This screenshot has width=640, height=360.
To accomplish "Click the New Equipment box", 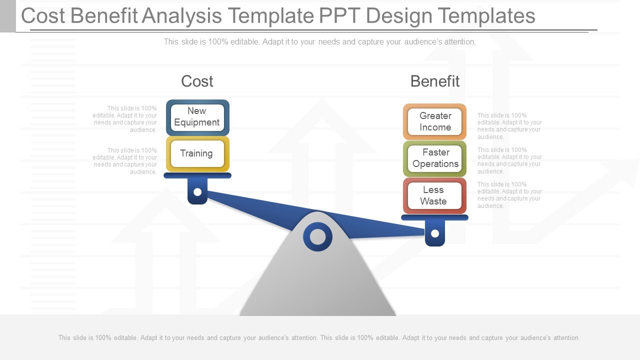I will point(197,117).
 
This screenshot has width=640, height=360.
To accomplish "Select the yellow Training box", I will point(197,154).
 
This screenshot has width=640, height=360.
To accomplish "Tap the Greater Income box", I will point(434,122).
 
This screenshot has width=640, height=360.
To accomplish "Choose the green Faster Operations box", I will point(434,158).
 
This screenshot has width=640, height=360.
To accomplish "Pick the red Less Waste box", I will point(434,195).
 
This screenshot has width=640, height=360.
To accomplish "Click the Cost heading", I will point(197,81).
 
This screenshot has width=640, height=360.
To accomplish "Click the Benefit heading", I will point(434,81).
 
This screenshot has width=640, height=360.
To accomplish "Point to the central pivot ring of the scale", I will point(317,236).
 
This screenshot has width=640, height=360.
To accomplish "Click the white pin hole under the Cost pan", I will point(197,192).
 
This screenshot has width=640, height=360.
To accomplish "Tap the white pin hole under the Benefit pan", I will point(434,233).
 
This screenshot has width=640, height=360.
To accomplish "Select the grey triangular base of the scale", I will point(317,285).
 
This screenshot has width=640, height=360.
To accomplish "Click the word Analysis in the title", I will point(181,16).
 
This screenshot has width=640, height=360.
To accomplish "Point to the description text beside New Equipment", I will point(125,119).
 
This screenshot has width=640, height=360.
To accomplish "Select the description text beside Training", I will point(125,161).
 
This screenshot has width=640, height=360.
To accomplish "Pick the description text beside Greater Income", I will point(509,126).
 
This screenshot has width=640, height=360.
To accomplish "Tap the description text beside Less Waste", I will point(509,195).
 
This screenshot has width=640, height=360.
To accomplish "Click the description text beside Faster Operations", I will point(509,160).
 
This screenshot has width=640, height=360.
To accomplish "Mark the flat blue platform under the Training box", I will point(197,175).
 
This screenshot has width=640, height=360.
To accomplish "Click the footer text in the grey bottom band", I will point(319,338).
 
